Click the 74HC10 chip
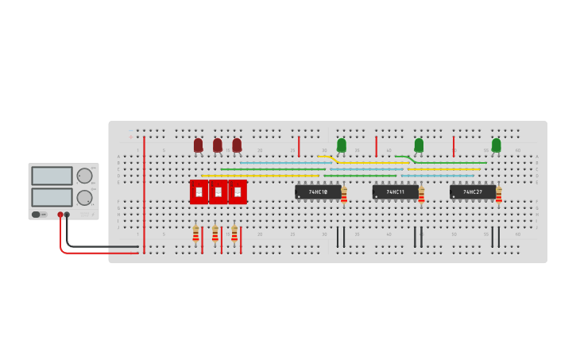(318, 192)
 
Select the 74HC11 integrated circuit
(395, 192)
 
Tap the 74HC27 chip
(472, 192)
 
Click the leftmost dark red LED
(198, 145)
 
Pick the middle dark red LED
(217, 145)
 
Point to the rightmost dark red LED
(237, 145)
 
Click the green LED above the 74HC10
(342, 145)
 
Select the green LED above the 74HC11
(419, 145)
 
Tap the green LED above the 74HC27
(496, 145)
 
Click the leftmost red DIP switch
(199, 192)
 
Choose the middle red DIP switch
(218, 192)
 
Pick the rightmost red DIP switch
(238, 192)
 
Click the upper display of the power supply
(52, 176)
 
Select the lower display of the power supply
(52, 196)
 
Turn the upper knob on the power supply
(83, 176)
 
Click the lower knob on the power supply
(83, 197)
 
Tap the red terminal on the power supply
(60, 215)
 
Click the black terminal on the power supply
(67, 215)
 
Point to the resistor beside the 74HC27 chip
(499, 195)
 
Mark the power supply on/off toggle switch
(36, 215)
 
